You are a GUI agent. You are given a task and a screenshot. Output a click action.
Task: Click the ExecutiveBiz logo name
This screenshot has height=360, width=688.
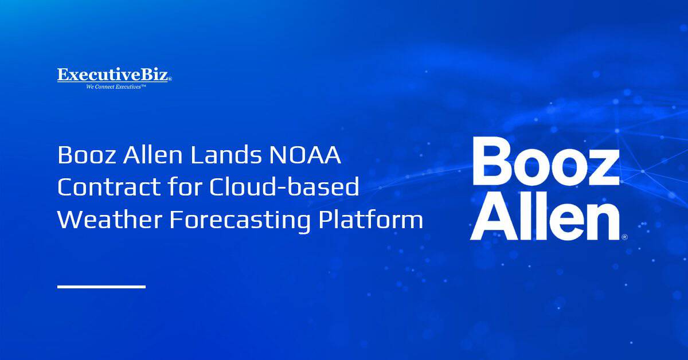click(113, 75)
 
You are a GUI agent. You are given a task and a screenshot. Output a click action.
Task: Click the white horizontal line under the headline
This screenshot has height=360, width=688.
click(101, 286)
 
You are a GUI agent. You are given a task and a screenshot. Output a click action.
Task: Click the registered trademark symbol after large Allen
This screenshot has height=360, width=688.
click(624, 236)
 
